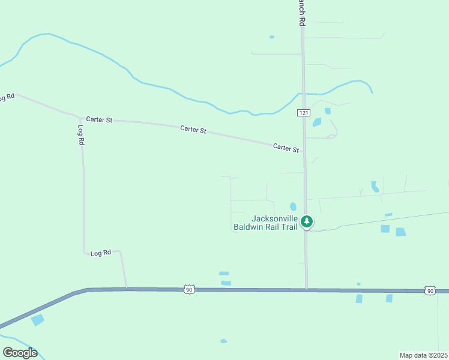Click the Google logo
[x=20, y=353]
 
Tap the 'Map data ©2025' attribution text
[x=423, y=355]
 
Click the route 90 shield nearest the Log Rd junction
[x=189, y=290]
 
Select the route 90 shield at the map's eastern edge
[x=430, y=290]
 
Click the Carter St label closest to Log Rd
[x=99, y=119]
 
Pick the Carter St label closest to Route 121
[x=286, y=147]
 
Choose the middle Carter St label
[x=193, y=129]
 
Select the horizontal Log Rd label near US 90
[x=101, y=253]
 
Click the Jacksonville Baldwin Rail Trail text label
[x=265, y=223]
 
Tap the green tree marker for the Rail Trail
[x=307, y=222]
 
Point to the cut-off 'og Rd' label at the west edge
[x=6, y=97]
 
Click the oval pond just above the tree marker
[x=293, y=206]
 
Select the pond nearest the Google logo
[x=37, y=320]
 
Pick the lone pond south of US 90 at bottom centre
[x=223, y=341]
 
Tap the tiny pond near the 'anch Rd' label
[x=272, y=37]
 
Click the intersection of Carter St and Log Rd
[x=80, y=118]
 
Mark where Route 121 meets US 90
[x=306, y=290]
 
